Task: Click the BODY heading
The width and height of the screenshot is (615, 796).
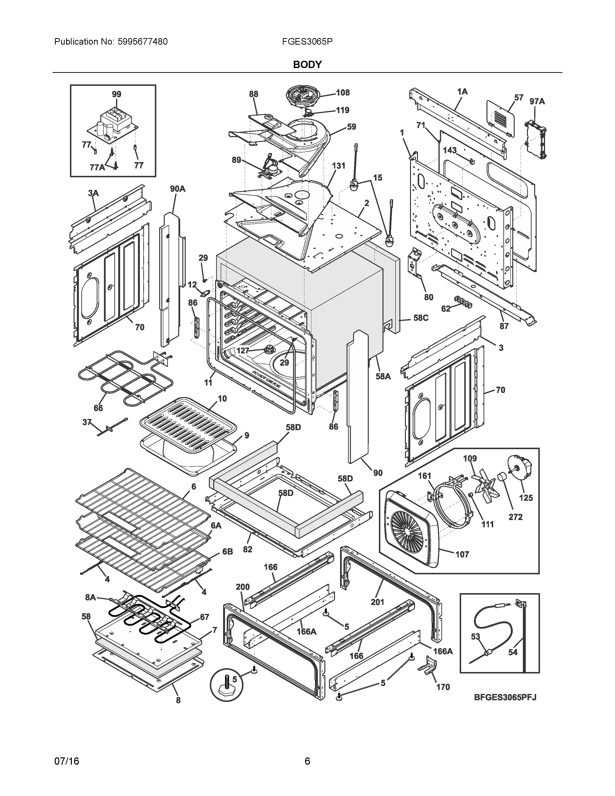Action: [307, 64]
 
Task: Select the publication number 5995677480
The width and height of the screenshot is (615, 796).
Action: [143, 41]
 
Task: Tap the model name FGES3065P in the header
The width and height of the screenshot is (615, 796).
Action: [307, 41]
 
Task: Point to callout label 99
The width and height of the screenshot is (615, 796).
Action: [116, 94]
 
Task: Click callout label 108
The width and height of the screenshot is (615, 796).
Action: [342, 93]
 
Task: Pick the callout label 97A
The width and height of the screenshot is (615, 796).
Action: [537, 101]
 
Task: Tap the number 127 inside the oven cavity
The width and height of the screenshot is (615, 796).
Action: [243, 351]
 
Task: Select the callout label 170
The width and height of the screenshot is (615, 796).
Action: [443, 687]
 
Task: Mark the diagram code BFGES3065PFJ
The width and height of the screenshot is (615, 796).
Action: [505, 697]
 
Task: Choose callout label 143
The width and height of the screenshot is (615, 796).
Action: [450, 150]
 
